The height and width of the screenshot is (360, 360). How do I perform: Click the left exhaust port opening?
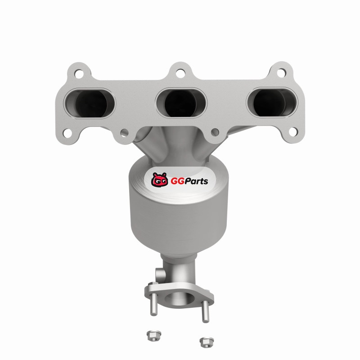90,103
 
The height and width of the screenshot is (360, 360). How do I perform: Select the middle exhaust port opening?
181,103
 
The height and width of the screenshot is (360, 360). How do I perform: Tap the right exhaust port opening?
272,103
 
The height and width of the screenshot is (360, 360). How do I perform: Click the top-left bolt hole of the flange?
79,74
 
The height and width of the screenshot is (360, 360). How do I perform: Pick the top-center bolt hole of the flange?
180,73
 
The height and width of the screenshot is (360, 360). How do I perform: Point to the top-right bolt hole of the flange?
281,73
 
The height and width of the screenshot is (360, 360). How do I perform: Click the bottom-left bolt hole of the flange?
67,133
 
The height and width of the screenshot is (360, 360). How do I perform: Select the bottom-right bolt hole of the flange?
293,132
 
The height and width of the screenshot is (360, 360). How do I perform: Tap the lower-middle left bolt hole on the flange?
124,132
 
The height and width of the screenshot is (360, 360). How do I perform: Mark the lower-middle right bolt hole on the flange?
215,132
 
